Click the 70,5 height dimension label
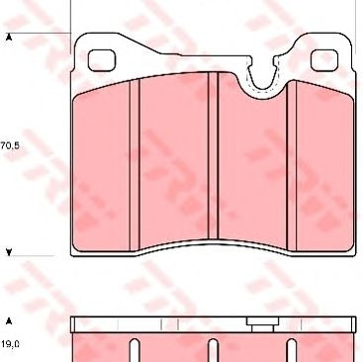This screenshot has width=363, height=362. [x=10, y=145]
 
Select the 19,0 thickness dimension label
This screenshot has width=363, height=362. [x=10, y=344]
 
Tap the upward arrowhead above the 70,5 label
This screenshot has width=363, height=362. [x=9, y=37]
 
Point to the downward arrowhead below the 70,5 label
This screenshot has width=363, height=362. [x=9, y=252]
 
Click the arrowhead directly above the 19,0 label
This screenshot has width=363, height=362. [x=9, y=320]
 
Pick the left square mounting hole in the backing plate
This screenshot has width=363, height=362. [x=102, y=60]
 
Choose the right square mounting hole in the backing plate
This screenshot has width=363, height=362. [x=324, y=60]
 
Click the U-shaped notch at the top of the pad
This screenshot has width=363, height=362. [x=263, y=76]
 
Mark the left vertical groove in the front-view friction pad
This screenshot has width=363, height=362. [x=135, y=165]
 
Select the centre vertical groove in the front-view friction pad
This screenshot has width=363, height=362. [x=214, y=155]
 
